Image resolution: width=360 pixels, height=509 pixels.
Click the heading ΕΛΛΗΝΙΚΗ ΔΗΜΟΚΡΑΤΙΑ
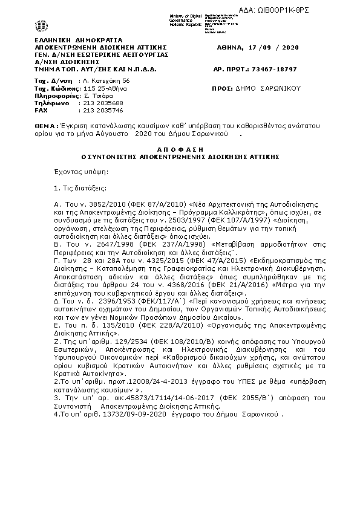[x=69, y=39]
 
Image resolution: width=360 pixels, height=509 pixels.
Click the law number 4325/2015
[x=113, y=259]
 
